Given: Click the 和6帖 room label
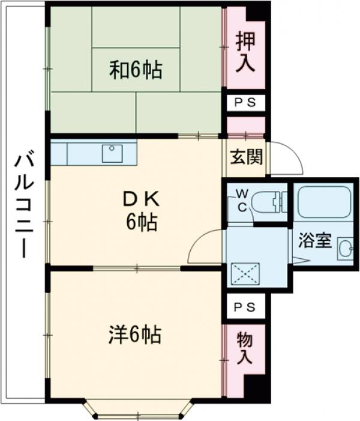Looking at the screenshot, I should (135, 70).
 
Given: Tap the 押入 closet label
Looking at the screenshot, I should (244, 52).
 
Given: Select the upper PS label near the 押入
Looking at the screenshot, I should (245, 103).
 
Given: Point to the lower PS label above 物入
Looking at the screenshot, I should (244, 307).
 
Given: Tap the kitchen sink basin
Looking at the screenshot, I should (112, 153).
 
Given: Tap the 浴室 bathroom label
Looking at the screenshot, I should (315, 241).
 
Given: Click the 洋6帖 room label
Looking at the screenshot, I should (135, 334).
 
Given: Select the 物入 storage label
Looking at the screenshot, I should (244, 348).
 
